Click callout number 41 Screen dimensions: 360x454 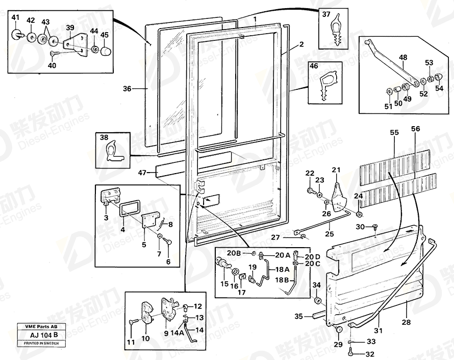click(x=15, y=18)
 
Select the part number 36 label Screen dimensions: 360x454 click(x=127, y=89)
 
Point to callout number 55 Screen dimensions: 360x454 click(x=394, y=132)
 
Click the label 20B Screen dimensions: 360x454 click(x=234, y=253)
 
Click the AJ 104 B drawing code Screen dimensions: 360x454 click(x=37, y=335)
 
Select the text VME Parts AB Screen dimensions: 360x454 click(x=37, y=326)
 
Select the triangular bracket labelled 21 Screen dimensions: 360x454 click(x=338, y=197)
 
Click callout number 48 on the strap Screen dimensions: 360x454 click(x=402, y=58)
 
